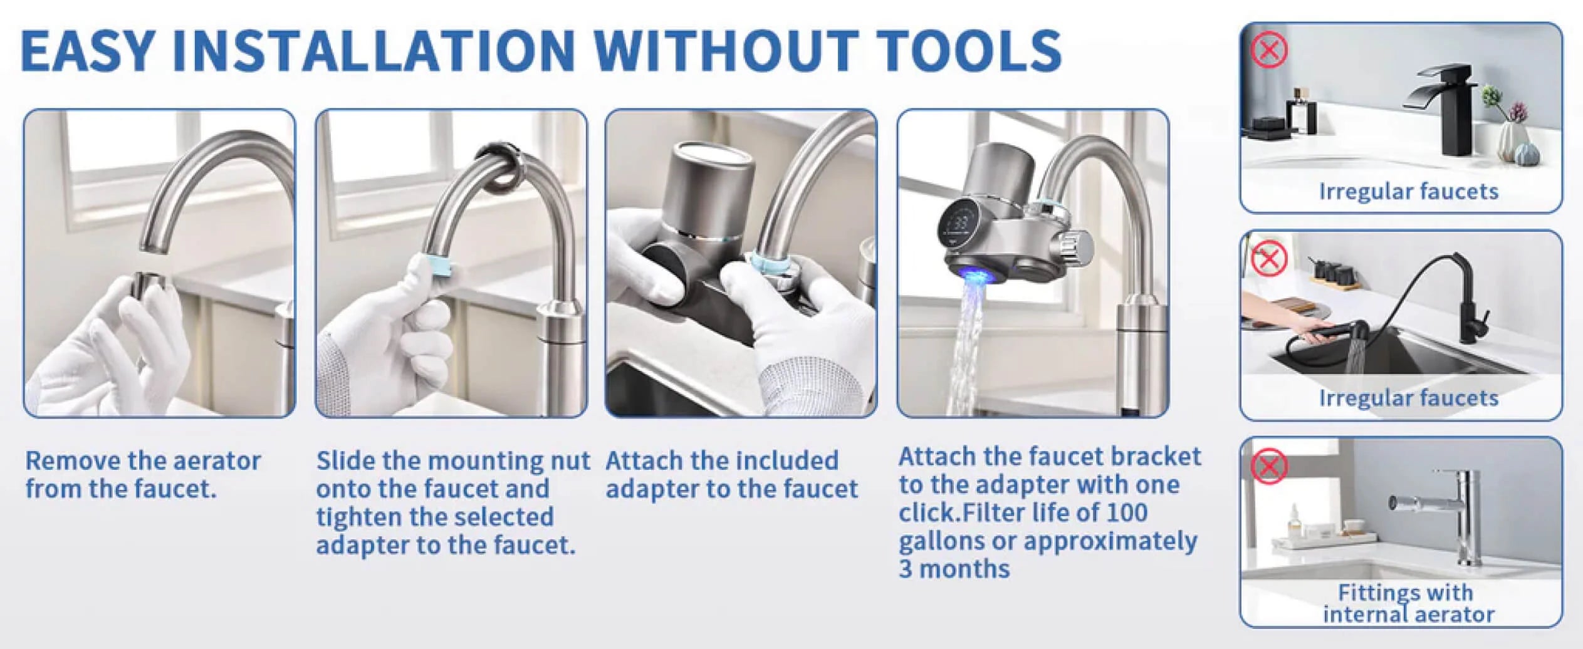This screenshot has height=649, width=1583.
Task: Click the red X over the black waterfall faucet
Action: [1269, 49]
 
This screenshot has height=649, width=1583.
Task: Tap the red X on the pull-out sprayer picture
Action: [1269, 258]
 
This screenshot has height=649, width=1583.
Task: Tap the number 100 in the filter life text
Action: [1127, 513]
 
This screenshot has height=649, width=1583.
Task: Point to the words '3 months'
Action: [954, 569]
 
